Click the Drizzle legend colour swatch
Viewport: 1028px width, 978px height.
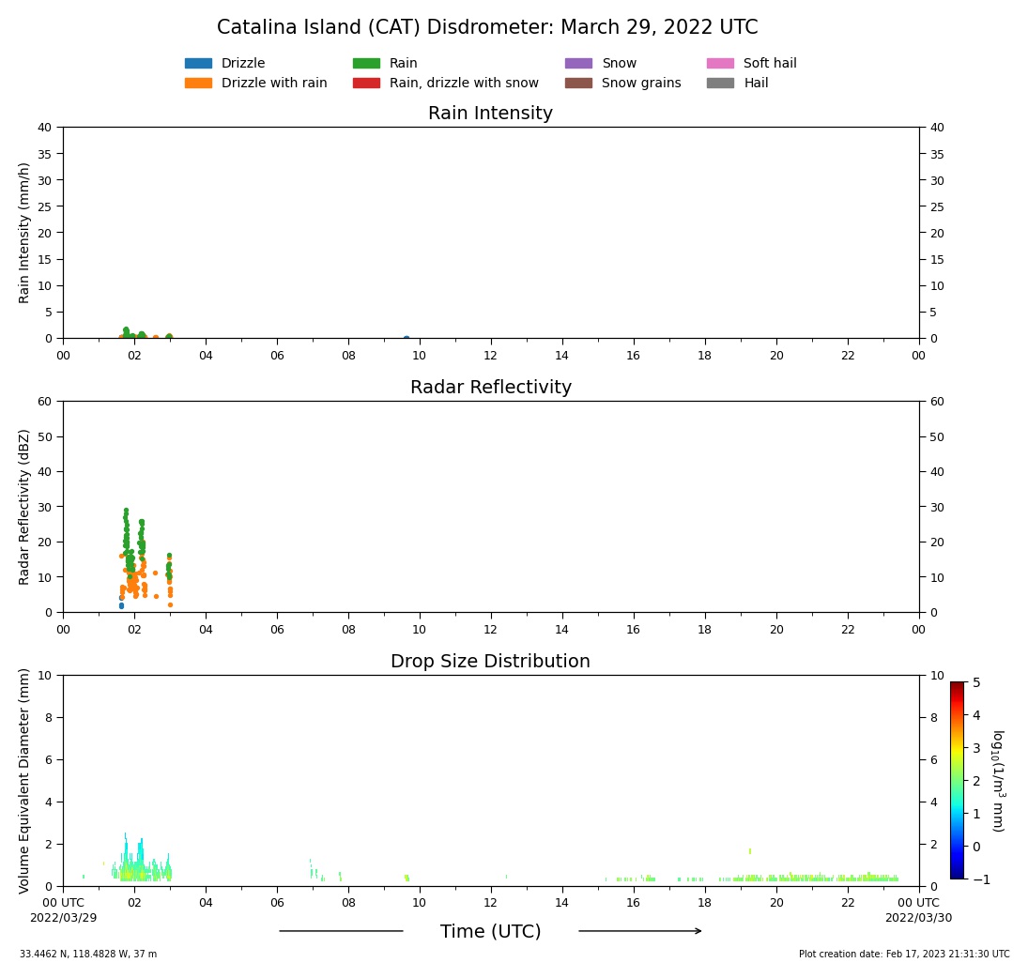click(x=198, y=64)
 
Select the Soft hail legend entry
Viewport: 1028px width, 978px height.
click(x=769, y=64)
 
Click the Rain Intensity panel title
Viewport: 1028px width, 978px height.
click(x=490, y=114)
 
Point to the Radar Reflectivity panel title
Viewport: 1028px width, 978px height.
click(x=490, y=388)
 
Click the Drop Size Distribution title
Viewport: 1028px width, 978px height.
click(x=490, y=662)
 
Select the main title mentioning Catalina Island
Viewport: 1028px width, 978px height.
click(x=487, y=28)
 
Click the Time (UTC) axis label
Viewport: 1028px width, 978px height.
click(x=490, y=932)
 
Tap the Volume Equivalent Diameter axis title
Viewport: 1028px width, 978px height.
click(x=25, y=780)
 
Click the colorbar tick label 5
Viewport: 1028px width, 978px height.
click(x=975, y=682)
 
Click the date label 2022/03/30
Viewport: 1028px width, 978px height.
click(x=917, y=918)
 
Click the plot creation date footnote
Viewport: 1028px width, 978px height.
click(x=904, y=955)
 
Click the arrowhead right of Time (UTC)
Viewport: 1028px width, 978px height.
click(x=697, y=931)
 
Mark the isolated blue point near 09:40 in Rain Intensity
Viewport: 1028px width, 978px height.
click(x=407, y=338)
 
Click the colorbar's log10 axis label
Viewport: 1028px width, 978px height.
click(x=997, y=780)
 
